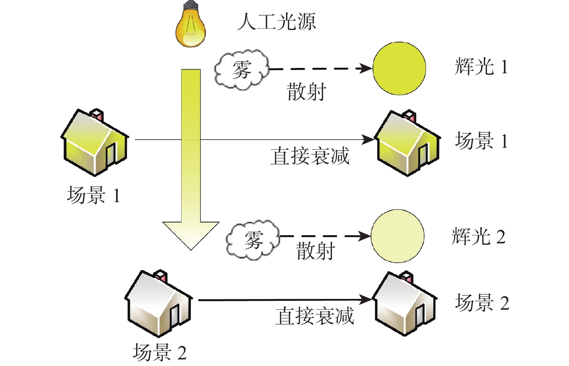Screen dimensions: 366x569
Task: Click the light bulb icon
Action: tap(190, 25)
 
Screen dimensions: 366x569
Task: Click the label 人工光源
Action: tap(276, 22)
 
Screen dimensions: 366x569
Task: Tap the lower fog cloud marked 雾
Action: tap(253, 240)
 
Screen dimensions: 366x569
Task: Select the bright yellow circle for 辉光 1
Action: tap(399, 68)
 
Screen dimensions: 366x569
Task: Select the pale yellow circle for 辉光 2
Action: tap(397, 236)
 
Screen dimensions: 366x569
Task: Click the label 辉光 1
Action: tap(481, 66)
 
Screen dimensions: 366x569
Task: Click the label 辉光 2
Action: tap(478, 236)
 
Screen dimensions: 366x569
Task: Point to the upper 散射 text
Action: tap(306, 92)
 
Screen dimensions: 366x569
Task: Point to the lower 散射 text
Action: tap(315, 251)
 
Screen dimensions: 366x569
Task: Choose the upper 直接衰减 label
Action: tap(310, 156)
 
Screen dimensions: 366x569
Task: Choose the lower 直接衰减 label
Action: tap(315, 316)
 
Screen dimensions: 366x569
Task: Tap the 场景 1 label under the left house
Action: tap(93, 195)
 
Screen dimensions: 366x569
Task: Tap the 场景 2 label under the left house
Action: tap(160, 352)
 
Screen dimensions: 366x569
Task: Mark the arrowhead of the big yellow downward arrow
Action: tap(191, 235)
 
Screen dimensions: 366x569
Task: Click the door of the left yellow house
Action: tap(111, 153)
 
